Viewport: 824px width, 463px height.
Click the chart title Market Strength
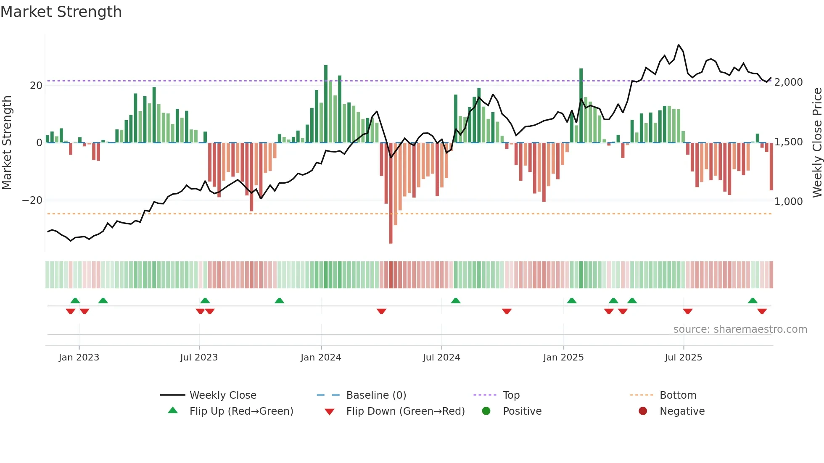click(61, 12)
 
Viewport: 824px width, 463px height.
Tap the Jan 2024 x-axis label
click(321, 358)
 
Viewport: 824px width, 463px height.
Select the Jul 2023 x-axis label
click(199, 358)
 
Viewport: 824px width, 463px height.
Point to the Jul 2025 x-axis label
click(683, 358)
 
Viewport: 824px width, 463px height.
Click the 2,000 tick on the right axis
click(788, 82)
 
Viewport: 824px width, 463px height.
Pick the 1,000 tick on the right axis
click(788, 202)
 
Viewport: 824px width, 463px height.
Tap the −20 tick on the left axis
click(32, 200)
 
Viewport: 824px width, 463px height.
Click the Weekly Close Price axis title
click(817, 143)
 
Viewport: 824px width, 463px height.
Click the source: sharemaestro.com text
click(740, 329)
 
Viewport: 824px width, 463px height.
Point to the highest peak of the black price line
click(679, 45)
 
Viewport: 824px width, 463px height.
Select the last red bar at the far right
click(771, 168)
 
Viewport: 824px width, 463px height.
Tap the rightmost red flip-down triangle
click(762, 311)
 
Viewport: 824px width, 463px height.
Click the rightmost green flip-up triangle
click(753, 301)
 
